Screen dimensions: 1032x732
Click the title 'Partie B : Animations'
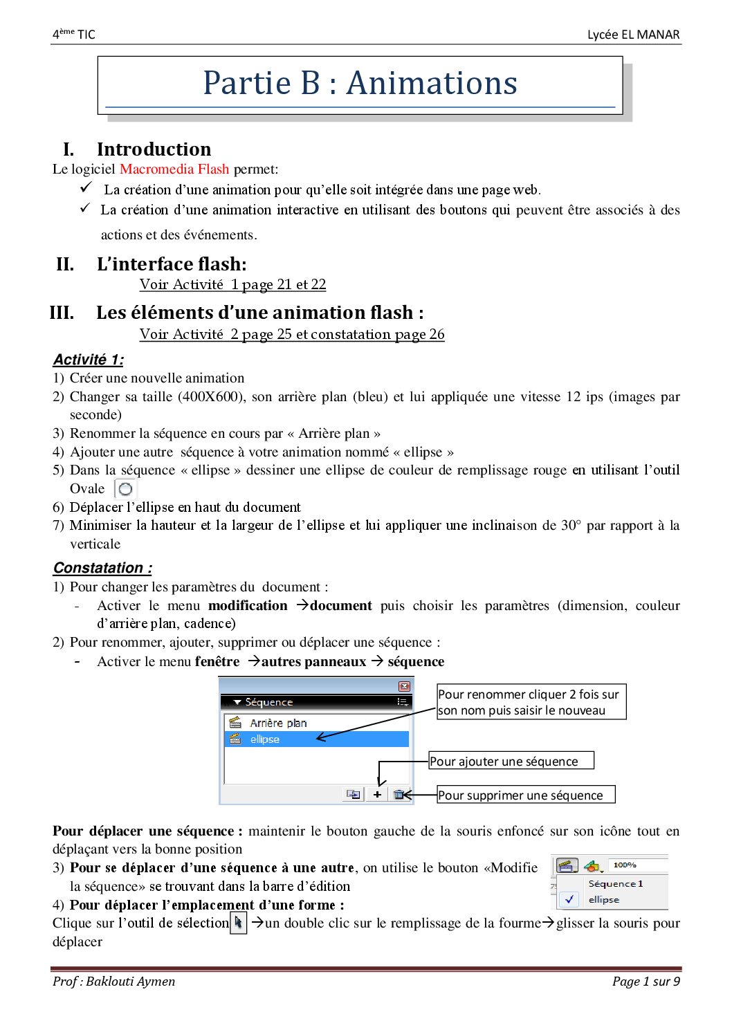[x=360, y=83]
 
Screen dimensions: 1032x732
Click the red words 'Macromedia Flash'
[x=174, y=169]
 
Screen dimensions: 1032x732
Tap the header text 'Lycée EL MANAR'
[x=633, y=35]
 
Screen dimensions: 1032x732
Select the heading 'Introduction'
[x=154, y=149]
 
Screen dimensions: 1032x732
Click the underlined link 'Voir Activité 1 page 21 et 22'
[x=232, y=284]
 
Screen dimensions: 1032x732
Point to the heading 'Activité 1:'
[x=89, y=360]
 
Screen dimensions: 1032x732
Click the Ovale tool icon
[x=125, y=489]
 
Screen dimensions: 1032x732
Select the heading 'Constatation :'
[x=102, y=568]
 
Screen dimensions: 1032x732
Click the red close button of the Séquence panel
[x=405, y=686]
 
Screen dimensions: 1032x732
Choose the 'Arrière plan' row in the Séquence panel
[x=278, y=723]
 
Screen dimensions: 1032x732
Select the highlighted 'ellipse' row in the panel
[x=265, y=739]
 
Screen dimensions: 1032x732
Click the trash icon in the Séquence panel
[x=399, y=795]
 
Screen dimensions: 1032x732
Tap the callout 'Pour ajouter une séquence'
[x=511, y=761]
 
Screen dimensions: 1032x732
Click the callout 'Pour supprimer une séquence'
[x=526, y=795]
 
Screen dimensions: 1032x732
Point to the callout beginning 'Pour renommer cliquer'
[x=531, y=702]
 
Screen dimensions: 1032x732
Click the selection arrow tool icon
[x=238, y=923]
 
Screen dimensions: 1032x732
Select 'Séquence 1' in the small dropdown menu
[x=615, y=883]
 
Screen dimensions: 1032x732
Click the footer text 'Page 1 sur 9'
[x=646, y=981]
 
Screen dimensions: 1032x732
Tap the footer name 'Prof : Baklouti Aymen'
[x=114, y=981]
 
